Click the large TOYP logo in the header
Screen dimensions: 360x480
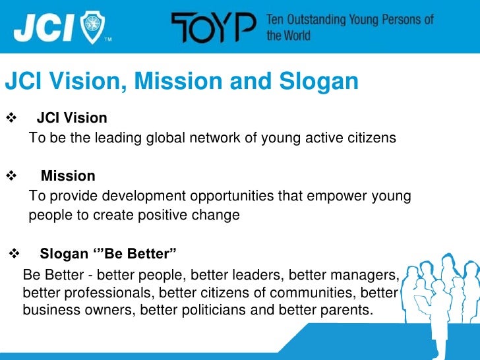tap(214, 28)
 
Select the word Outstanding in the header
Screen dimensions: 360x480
tap(316, 20)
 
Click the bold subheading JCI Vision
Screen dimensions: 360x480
tap(71, 118)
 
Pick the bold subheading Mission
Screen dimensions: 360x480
tap(68, 176)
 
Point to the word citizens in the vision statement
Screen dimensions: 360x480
tap(373, 138)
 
